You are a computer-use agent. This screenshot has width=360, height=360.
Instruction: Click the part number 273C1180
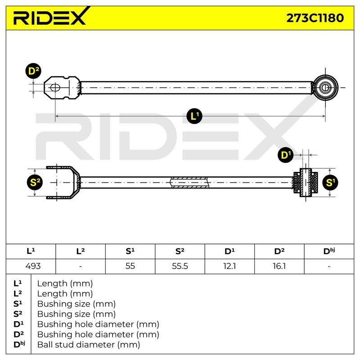pyautogui.click(x=315, y=18)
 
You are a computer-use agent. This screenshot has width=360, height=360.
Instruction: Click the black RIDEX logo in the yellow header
pyautogui.click(x=50, y=16)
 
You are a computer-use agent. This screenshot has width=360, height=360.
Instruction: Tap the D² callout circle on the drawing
pyautogui.click(x=33, y=71)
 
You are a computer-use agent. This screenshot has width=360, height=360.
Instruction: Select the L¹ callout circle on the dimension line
pyautogui.click(x=194, y=116)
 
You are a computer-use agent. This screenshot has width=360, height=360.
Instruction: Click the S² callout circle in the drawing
pyautogui.click(x=35, y=182)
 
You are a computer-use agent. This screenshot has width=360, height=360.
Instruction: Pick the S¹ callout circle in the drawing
pyautogui.click(x=330, y=183)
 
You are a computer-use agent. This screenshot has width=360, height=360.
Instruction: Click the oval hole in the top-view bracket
pyautogui.click(x=55, y=87)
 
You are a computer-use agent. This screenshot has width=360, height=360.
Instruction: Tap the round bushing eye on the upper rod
pyautogui.click(x=325, y=87)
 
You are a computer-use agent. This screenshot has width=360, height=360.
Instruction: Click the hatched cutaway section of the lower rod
pyautogui.click(x=189, y=183)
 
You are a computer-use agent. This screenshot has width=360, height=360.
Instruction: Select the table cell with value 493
pyautogui.click(x=33, y=266)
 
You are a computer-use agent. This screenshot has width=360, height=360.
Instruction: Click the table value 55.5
pyautogui.click(x=180, y=266)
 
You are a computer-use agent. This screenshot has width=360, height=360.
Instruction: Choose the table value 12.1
pyautogui.click(x=229, y=266)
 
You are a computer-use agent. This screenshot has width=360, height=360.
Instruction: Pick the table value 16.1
pyautogui.click(x=279, y=266)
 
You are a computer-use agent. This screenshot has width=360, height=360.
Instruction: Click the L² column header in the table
pyautogui.click(x=81, y=251)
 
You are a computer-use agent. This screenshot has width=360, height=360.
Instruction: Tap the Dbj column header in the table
pyautogui.click(x=329, y=251)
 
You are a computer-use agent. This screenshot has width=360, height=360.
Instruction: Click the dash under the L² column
pyautogui.click(x=81, y=266)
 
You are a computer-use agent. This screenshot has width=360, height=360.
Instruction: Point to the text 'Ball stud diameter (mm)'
pyautogui.click(x=89, y=345)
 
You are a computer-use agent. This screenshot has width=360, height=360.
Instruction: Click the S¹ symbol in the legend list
pyautogui.click(x=18, y=304)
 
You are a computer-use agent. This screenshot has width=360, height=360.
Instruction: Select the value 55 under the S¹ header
pyautogui.click(x=130, y=266)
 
